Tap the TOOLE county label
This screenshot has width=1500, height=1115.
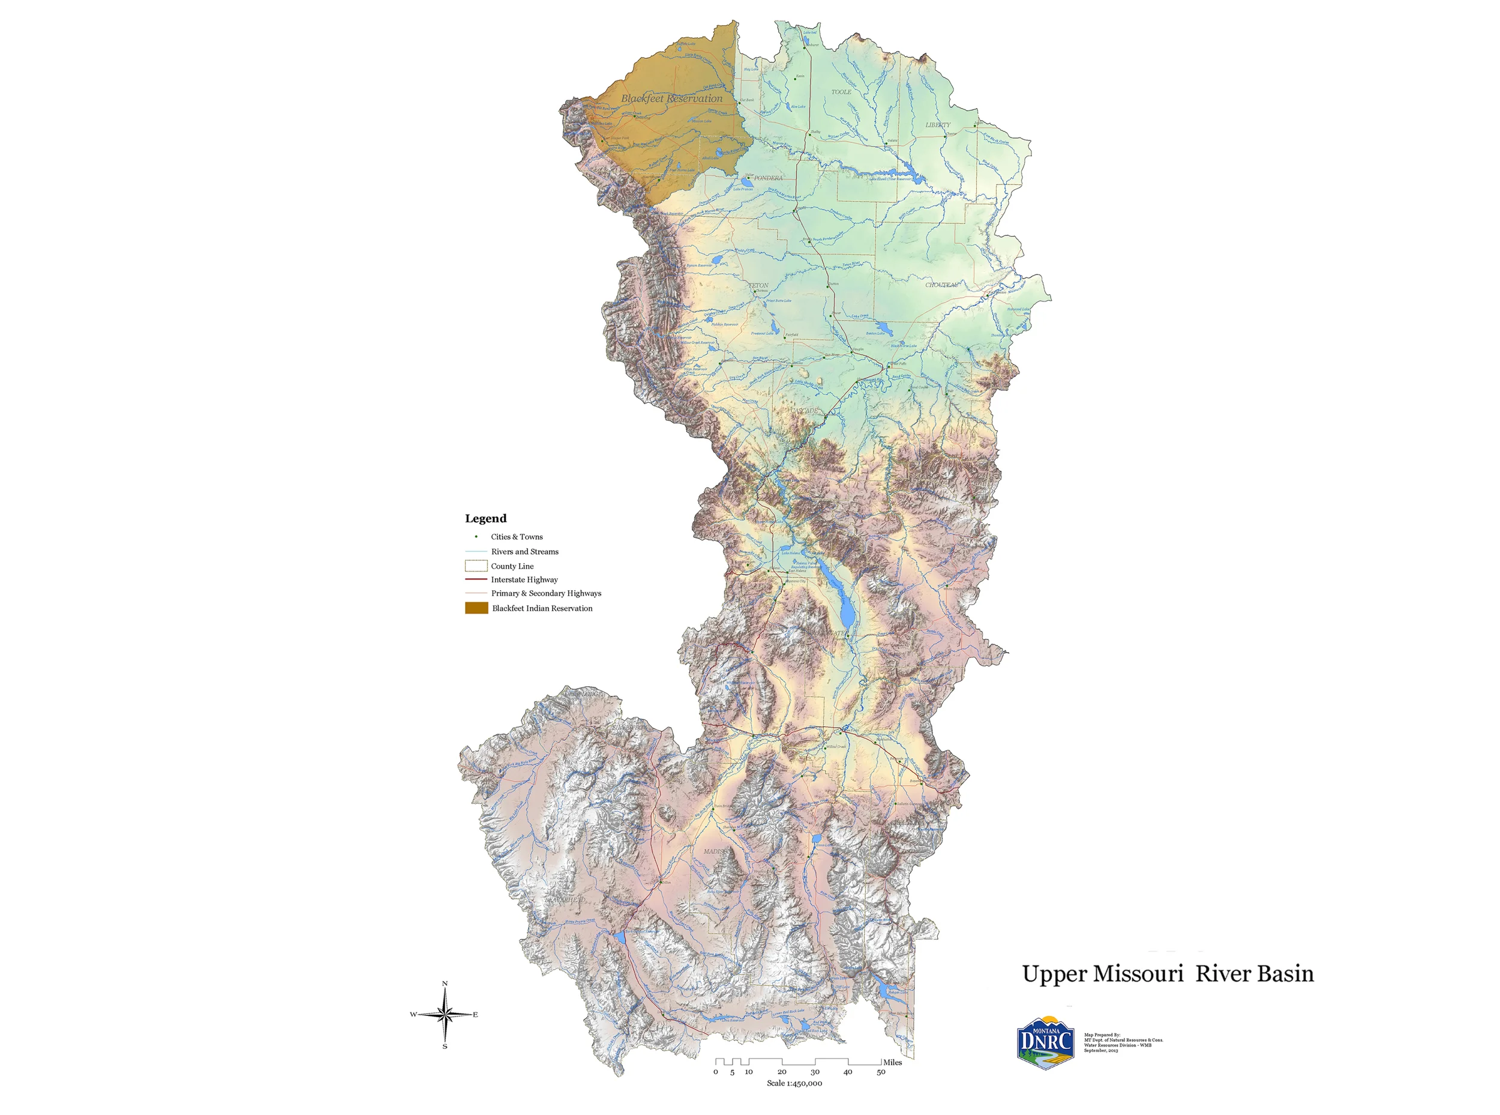pos(841,92)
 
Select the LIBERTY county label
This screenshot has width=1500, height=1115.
pos(937,125)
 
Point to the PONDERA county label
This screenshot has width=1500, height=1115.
pos(768,178)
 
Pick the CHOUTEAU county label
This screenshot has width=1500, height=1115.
pos(941,285)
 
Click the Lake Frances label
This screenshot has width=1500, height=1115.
pos(743,189)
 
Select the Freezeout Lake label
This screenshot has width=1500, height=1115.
pos(763,333)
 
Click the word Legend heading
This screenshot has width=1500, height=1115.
pos(485,518)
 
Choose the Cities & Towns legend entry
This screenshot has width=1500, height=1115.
pos(517,537)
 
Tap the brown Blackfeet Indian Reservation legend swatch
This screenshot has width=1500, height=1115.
pos(476,608)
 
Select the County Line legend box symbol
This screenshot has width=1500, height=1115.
pos(476,566)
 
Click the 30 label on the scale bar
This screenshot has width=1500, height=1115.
pos(815,1072)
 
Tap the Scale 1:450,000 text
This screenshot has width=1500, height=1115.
pos(794,1083)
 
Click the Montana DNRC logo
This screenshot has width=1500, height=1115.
pos(1045,1043)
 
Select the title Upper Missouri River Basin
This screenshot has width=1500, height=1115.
pos(1168,974)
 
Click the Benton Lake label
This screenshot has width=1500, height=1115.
pos(875,333)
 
